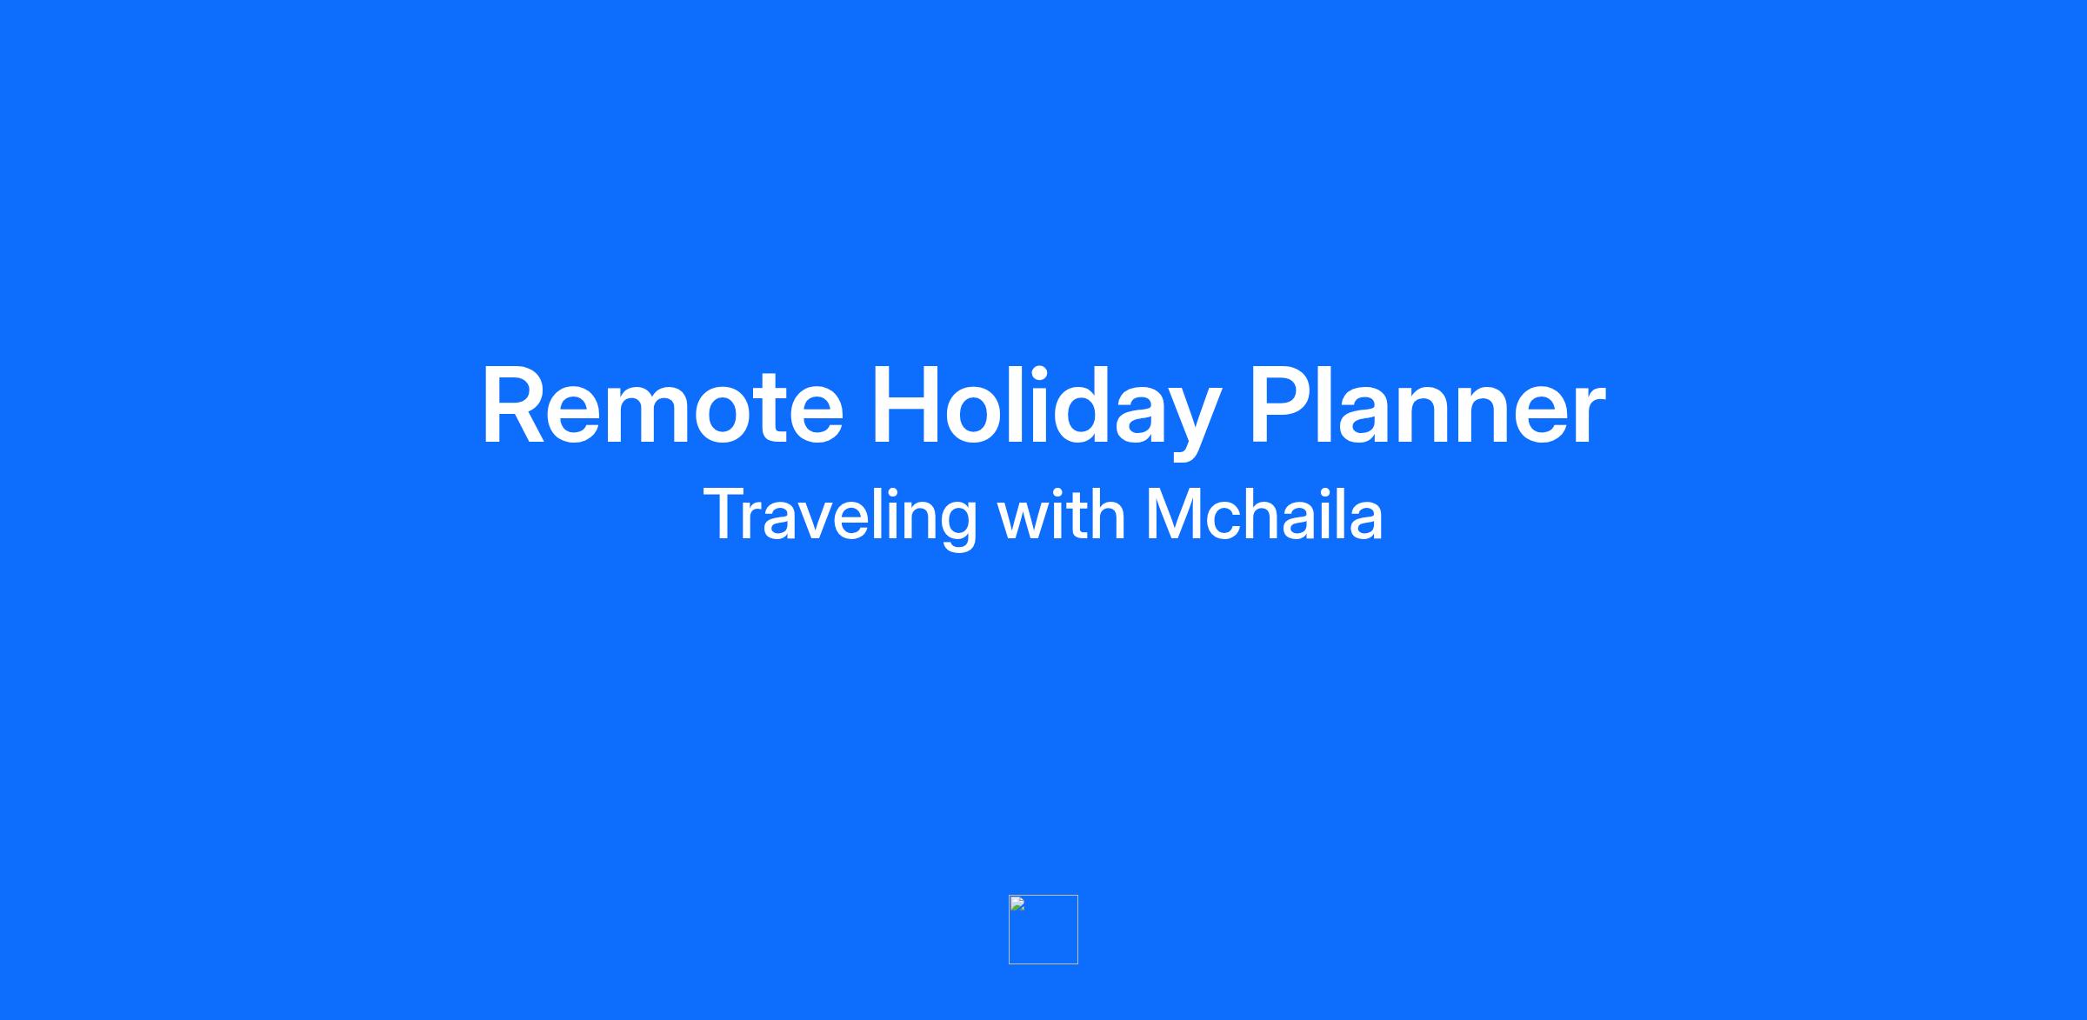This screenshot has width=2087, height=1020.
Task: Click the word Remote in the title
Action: [663, 406]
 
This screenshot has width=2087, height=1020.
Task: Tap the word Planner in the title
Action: [1426, 405]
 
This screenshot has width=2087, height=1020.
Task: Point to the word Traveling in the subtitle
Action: [840, 517]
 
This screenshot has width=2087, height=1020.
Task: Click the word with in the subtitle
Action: [1062, 514]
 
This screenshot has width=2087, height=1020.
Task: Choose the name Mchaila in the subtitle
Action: [1264, 514]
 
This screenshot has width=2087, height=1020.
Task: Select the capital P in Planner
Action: [1280, 405]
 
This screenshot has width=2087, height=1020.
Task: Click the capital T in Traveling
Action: [727, 514]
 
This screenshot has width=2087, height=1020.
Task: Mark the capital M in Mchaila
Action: [1173, 514]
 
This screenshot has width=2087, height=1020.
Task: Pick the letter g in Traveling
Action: [957, 525]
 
